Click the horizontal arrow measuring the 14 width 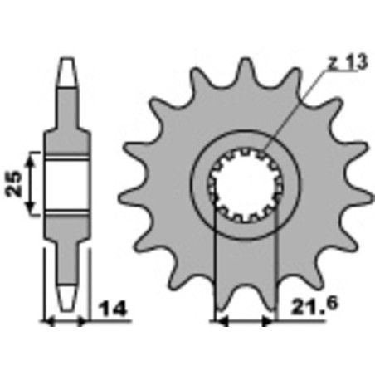(65, 319)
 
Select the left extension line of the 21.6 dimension (216, 265)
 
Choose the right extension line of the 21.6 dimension (275, 265)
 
